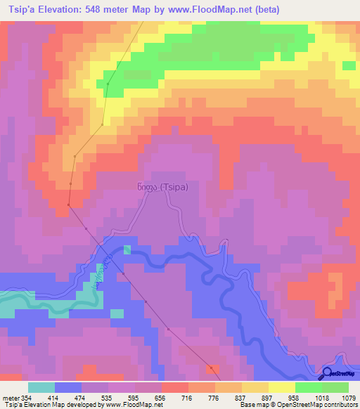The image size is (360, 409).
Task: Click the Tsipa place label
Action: [x=157, y=187]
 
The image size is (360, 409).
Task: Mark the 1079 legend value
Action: [x=349, y=397]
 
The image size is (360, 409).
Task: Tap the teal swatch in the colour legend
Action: [x=41, y=388]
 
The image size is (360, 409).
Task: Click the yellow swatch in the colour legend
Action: [x=283, y=388]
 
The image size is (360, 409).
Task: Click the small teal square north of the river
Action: [x=127, y=249]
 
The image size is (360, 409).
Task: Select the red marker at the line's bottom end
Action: [x=212, y=367]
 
